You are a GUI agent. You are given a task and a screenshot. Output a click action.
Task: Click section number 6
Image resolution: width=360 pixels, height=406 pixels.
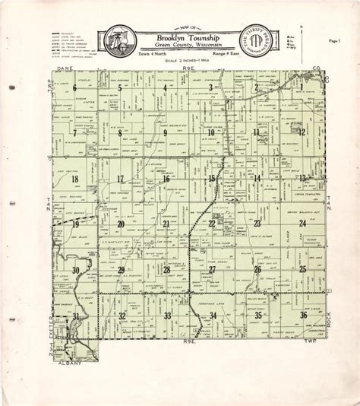(x=75, y=88)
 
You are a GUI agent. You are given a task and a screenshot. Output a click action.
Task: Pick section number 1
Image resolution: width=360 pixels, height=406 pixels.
(x=302, y=88)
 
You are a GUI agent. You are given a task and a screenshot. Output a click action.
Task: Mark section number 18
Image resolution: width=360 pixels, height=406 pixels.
(x=74, y=179)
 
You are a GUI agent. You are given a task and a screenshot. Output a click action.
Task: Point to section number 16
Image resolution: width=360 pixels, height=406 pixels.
(x=166, y=179)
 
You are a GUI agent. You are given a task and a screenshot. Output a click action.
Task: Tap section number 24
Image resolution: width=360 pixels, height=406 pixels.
(x=302, y=223)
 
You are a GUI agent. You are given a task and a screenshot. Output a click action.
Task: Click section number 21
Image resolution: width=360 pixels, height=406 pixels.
(x=166, y=224)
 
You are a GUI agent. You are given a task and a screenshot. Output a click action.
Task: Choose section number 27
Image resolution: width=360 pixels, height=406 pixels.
(x=212, y=269)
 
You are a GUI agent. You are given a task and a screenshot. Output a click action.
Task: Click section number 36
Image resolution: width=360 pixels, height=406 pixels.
(x=303, y=314)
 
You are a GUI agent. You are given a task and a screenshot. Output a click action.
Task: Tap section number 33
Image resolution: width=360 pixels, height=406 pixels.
(x=167, y=315)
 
